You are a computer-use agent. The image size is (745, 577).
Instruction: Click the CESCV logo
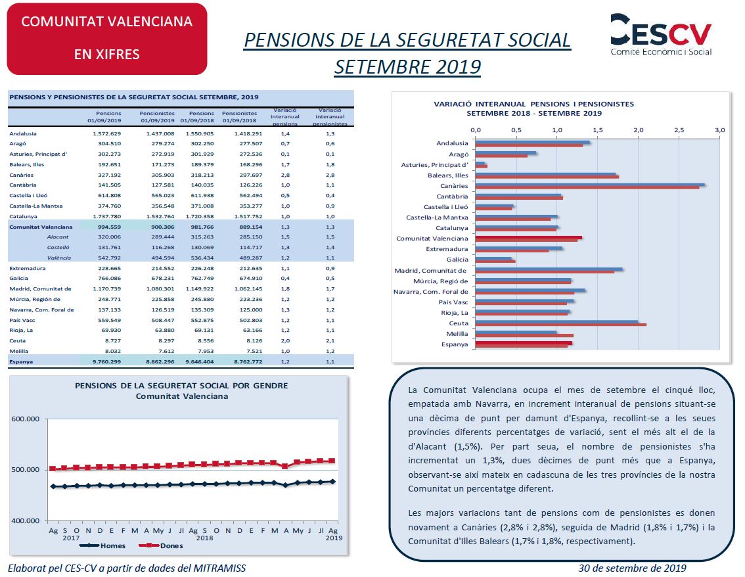[x=661, y=34]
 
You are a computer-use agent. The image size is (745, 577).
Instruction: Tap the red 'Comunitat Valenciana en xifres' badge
[x=107, y=39]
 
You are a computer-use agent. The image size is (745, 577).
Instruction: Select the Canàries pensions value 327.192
[x=109, y=175]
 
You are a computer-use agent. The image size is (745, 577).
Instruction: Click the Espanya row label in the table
[x=21, y=361]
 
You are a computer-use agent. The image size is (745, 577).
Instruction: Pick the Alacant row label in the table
[x=58, y=237]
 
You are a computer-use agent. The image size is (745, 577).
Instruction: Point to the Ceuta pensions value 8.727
[x=112, y=341]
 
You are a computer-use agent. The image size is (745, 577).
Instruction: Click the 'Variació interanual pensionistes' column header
[x=330, y=117]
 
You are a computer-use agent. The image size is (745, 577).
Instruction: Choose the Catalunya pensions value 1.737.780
[x=107, y=216]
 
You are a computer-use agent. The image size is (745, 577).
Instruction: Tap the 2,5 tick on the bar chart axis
[x=679, y=129]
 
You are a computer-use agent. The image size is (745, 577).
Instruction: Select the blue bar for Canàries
[x=590, y=185]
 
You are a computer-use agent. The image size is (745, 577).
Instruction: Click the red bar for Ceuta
[x=560, y=325]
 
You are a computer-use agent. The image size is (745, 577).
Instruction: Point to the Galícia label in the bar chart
[x=457, y=260]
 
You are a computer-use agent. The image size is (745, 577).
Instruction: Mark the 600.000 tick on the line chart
[x=25, y=419]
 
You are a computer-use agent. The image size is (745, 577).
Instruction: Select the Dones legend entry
[x=160, y=545]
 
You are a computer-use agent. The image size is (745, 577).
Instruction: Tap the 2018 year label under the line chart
[x=205, y=538]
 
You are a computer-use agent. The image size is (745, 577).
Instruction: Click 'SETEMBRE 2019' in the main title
[x=408, y=67]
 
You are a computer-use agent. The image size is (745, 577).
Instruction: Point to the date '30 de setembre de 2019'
[x=633, y=568]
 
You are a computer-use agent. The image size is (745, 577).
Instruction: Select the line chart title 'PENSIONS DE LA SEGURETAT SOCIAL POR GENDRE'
[x=181, y=386]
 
